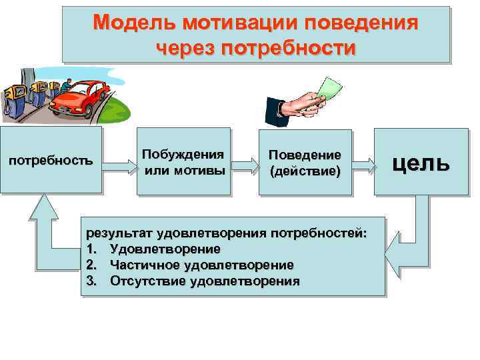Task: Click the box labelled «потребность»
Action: coord(50,161)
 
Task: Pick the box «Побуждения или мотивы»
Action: coord(183,161)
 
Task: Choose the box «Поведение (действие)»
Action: coord(305,161)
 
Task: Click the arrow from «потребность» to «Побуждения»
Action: coord(119,161)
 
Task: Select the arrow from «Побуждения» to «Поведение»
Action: coord(244,162)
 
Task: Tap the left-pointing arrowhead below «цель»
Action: coord(397,255)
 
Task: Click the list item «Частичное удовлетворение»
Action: coord(201,265)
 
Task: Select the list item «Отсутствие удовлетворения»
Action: coord(205,281)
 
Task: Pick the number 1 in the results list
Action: coord(91,249)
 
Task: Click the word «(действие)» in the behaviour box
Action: coord(305,171)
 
